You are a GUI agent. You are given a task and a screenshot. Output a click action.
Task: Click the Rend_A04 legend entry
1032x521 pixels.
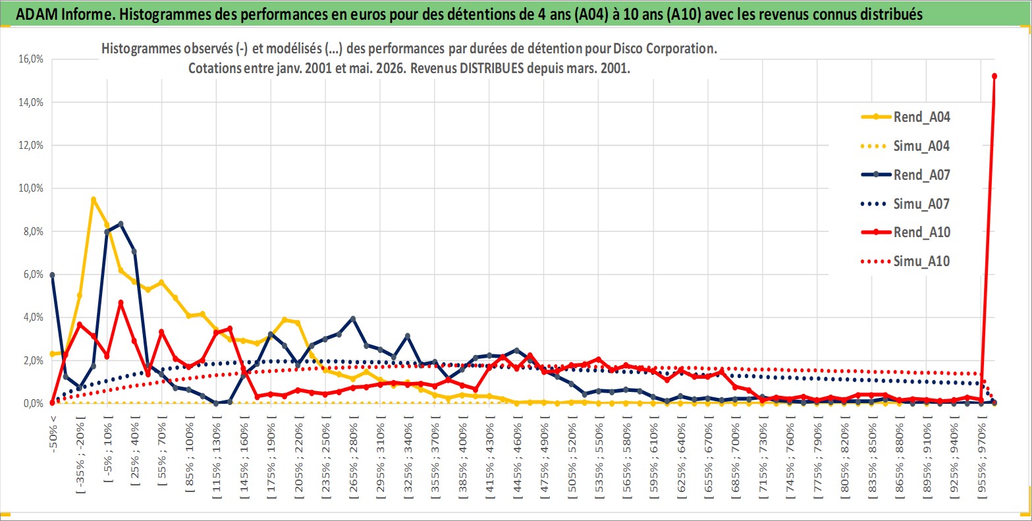(x=906, y=117)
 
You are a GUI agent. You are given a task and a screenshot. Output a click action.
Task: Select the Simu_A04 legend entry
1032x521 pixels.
(x=906, y=146)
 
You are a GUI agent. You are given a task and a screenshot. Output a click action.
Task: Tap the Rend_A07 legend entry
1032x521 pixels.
(x=906, y=175)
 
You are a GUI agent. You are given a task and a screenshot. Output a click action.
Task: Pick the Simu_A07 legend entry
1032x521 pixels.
(x=906, y=204)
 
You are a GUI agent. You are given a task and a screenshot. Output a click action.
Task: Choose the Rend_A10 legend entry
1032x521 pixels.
(x=906, y=232)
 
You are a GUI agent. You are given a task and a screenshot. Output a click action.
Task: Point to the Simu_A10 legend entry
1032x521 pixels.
(x=906, y=261)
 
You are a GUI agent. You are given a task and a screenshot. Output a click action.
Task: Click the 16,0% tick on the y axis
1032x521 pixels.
(x=31, y=59)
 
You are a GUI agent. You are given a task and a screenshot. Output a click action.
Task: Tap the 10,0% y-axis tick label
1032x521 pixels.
(x=31, y=188)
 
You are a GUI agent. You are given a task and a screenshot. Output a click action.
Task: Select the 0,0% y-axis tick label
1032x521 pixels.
(x=33, y=404)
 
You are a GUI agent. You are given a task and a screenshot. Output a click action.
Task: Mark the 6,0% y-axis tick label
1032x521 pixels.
(x=33, y=275)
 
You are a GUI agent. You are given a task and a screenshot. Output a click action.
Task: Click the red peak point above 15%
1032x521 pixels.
(x=994, y=76)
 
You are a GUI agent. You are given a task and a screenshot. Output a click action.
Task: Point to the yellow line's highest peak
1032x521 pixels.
(x=94, y=200)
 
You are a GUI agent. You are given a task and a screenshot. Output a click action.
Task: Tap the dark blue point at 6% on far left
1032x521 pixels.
(x=52, y=275)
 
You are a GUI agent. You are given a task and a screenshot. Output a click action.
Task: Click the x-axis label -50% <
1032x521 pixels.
(x=53, y=434)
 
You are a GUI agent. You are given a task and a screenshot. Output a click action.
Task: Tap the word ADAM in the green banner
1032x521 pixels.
(x=37, y=14)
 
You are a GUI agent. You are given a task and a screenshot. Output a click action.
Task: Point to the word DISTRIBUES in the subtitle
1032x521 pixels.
(x=492, y=69)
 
